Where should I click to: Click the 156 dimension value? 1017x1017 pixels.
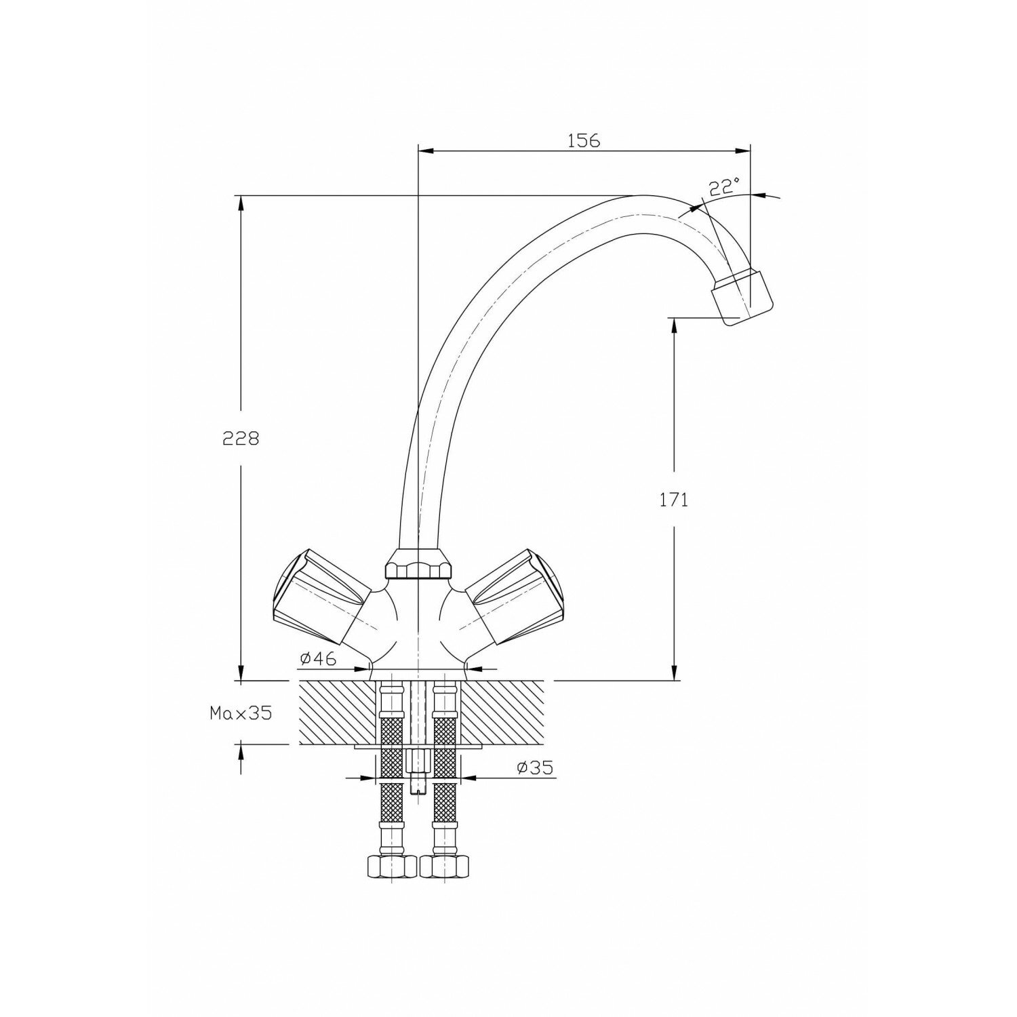point(584,140)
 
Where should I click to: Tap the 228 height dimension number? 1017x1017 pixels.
point(241,438)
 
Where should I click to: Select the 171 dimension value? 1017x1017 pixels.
point(673,500)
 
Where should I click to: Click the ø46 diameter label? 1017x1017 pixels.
point(317,658)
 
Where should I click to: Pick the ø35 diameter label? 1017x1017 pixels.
point(534,767)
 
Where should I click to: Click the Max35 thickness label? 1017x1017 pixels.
point(240,713)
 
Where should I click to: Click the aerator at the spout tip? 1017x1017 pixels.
point(742,296)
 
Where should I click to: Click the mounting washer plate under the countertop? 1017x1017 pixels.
point(418,746)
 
